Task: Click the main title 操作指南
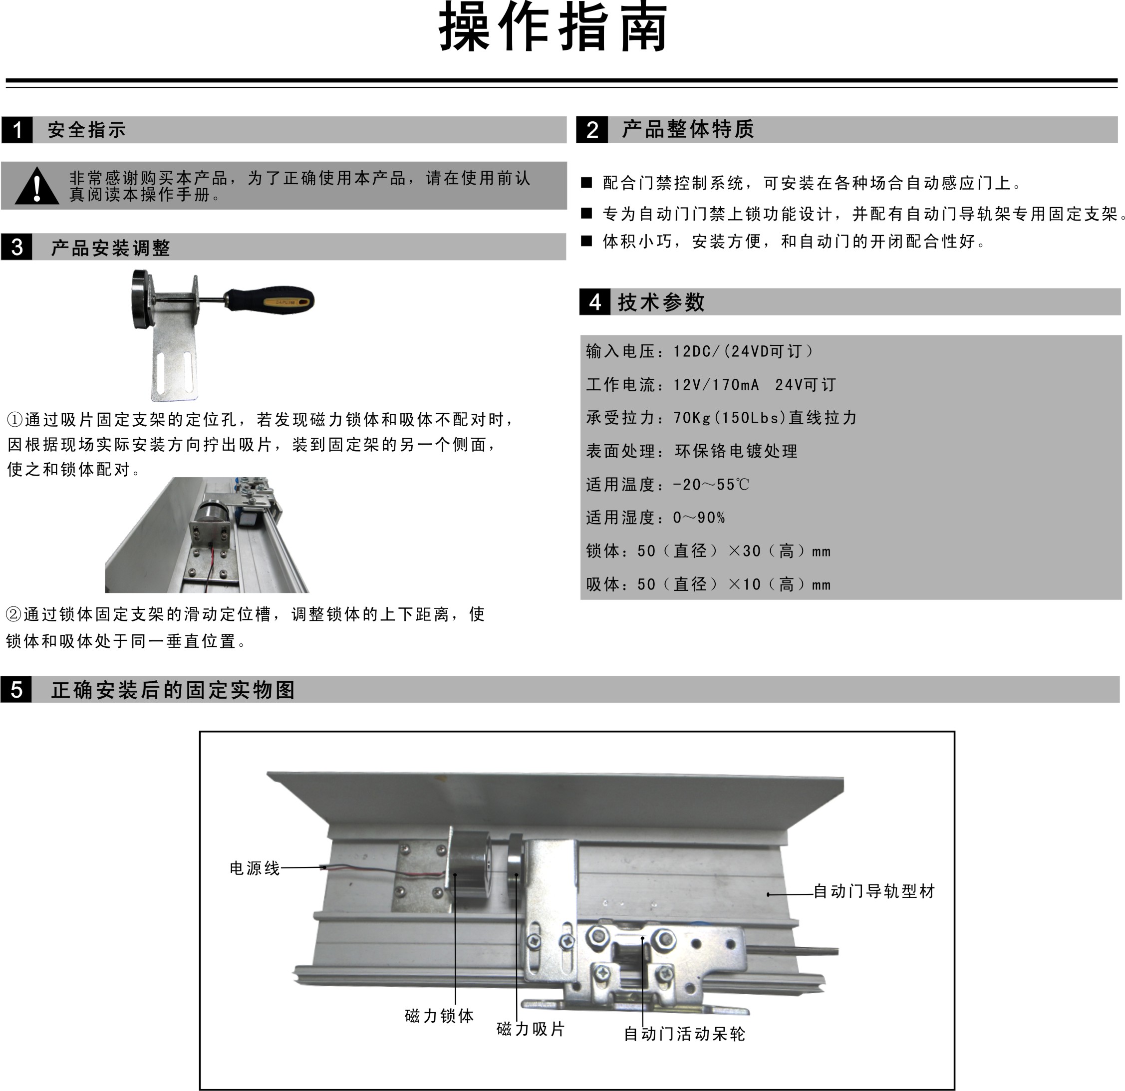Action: [554, 28]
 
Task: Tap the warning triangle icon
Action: [37, 187]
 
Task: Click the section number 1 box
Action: [17, 130]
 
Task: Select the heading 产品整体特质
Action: [688, 129]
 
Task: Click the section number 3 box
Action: [16, 248]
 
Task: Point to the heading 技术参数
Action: [661, 302]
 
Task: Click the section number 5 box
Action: [16, 689]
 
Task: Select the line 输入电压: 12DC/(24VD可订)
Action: [699, 351]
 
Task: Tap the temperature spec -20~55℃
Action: [711, 485]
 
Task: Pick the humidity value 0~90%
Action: [699, 518]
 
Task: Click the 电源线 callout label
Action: [254, 868]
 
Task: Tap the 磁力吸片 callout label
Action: [531, 1029]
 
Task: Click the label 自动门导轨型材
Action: [874, 891]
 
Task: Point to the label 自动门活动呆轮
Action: [684, 1034]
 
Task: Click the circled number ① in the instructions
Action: [14, 420]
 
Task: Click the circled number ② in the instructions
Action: [14, 615]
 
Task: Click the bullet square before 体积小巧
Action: [586, 241]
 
